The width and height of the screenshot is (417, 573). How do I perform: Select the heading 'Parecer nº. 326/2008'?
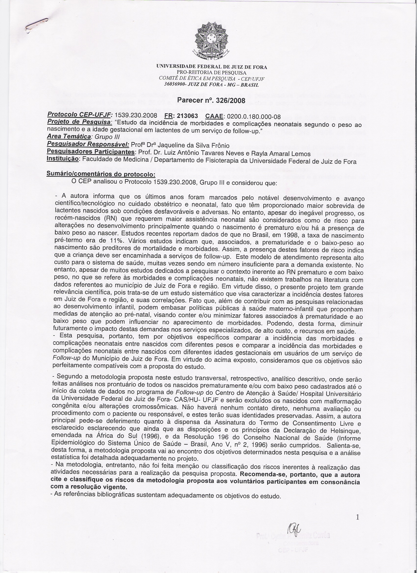[x=211, y=100]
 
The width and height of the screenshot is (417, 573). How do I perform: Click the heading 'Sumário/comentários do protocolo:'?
[x=101, y=174]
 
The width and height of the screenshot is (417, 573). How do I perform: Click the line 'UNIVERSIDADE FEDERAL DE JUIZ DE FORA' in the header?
[x=211, y=67]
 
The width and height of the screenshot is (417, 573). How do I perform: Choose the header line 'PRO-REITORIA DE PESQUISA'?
[x=211, y=73]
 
